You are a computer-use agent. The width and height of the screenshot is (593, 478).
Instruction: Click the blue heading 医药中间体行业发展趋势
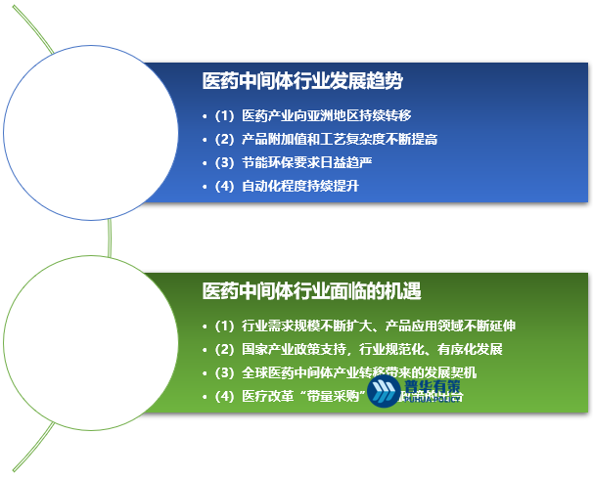[302, 81]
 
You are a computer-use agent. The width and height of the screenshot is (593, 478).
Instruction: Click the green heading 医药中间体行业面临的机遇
[318, 291]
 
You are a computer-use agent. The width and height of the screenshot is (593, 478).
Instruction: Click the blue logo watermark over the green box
[417, 393]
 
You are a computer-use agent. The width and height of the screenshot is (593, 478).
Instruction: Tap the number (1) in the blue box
[225, 115]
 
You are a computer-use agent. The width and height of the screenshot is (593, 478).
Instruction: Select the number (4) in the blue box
[225, 186]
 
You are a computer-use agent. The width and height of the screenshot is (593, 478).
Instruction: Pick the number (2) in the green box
[225, 349]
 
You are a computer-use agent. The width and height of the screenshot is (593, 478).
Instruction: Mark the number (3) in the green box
[225, 372]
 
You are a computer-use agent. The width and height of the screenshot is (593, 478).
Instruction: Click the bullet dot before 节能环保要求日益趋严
[204, 162]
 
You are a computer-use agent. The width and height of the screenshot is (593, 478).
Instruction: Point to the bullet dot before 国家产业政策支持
[204, 349]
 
